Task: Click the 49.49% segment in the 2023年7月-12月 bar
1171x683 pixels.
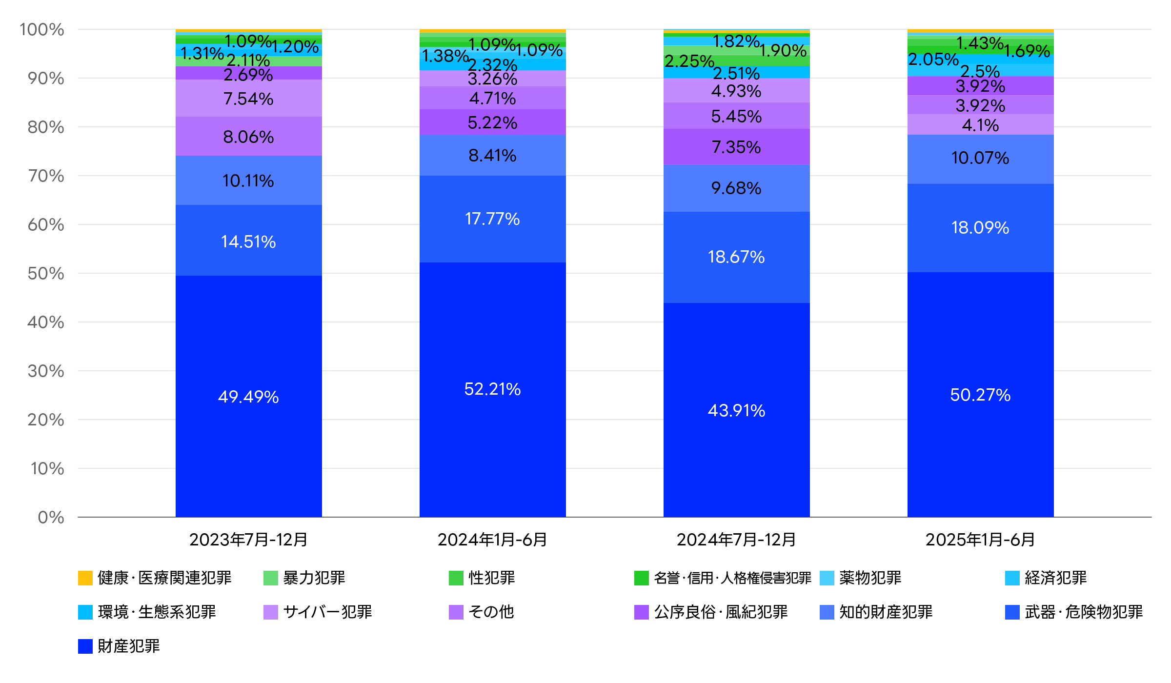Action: pos(248,396)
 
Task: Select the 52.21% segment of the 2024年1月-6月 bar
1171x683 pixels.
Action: pos(492,389)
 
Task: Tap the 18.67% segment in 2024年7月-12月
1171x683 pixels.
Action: pos(736,257)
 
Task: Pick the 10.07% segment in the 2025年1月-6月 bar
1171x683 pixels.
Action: pos(980,159)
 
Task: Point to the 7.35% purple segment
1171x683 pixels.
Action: pos(736,146)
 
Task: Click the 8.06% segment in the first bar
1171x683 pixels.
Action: pos(248,137)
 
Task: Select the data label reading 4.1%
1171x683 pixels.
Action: pos(980,125)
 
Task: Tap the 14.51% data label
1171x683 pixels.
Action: pos(248,241)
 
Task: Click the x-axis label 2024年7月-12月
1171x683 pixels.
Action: pos(736,540)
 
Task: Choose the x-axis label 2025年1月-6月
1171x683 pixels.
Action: pos(980,540)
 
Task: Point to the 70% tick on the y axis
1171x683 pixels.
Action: pos(46,176)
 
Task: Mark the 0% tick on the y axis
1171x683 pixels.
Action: pos(51,517)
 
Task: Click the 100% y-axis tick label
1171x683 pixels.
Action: pos(42,29)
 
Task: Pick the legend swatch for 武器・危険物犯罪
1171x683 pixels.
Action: pos(1012,612)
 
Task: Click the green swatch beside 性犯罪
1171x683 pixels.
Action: pos(456,578)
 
